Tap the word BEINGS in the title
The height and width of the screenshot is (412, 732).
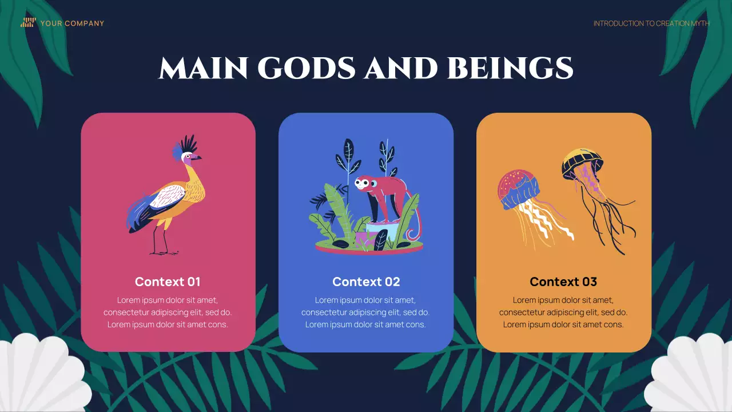pyautogui.click(x=510, y=69)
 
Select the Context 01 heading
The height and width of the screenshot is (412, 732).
pyautogui.click(x=168, y=282)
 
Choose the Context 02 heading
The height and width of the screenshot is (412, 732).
pyautogui.click(x=366, y=282)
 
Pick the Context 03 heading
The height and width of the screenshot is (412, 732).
pyautogui.click(x=563, y=282)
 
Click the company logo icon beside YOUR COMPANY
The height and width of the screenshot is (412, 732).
pyautogui.click(x=28, y=23)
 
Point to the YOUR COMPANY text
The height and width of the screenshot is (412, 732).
pyautogui.click(x=72, y=23)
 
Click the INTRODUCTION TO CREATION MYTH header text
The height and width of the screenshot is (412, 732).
pyautogui.click(x=651, y=23)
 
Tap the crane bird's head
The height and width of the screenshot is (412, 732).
pyautogui.click(x=190, y=155)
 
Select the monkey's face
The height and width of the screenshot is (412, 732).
pyautogui.click(x=363, y=184)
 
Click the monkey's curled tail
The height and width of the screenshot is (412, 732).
pyautogui.click(x=416, y=229)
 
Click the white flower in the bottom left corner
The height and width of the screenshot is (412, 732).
pyautogui.click(x=40, y=375)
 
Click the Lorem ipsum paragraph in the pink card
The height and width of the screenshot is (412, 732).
pyautogui.click(x=168, y=312)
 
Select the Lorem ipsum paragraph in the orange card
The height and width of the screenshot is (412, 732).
pyautogui.click(x=563, y=312)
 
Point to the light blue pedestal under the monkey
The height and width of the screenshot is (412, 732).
pyautogui.click(x=382, y=234)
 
